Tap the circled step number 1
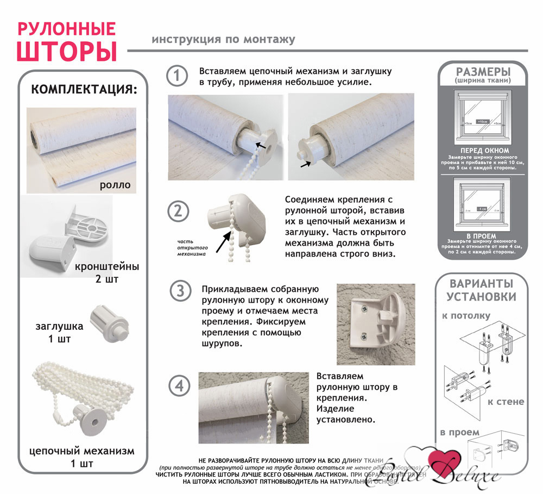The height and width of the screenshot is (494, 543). (x=176, y=76)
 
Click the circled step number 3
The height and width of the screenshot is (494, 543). (x=178, y=291)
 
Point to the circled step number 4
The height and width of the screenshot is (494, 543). (x=178, y=387)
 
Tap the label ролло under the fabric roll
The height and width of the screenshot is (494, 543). (x=115, y=185)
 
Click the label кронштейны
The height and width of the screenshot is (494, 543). (x=108, y=267)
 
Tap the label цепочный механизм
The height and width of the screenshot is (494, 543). (x=82, y=451)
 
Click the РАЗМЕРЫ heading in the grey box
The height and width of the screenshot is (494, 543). (x=483, y=72)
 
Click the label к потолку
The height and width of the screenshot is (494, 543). (x=466, y=316)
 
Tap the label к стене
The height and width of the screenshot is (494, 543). (x=506, y=402)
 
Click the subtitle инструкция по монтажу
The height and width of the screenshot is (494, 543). (x=224, y=40)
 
